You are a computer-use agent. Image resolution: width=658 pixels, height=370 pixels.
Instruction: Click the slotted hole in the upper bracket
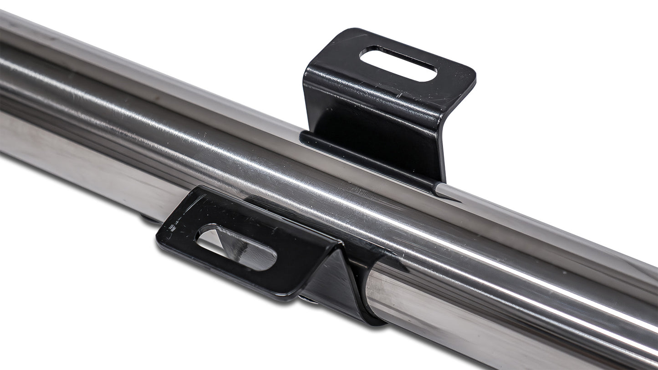[398, 64]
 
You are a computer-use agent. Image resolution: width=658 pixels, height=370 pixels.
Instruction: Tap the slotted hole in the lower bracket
[237, 247]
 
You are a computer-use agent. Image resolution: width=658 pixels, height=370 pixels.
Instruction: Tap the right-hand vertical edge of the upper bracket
[443, 146]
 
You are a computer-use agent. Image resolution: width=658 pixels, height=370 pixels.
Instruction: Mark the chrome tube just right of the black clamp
[410, 300]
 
